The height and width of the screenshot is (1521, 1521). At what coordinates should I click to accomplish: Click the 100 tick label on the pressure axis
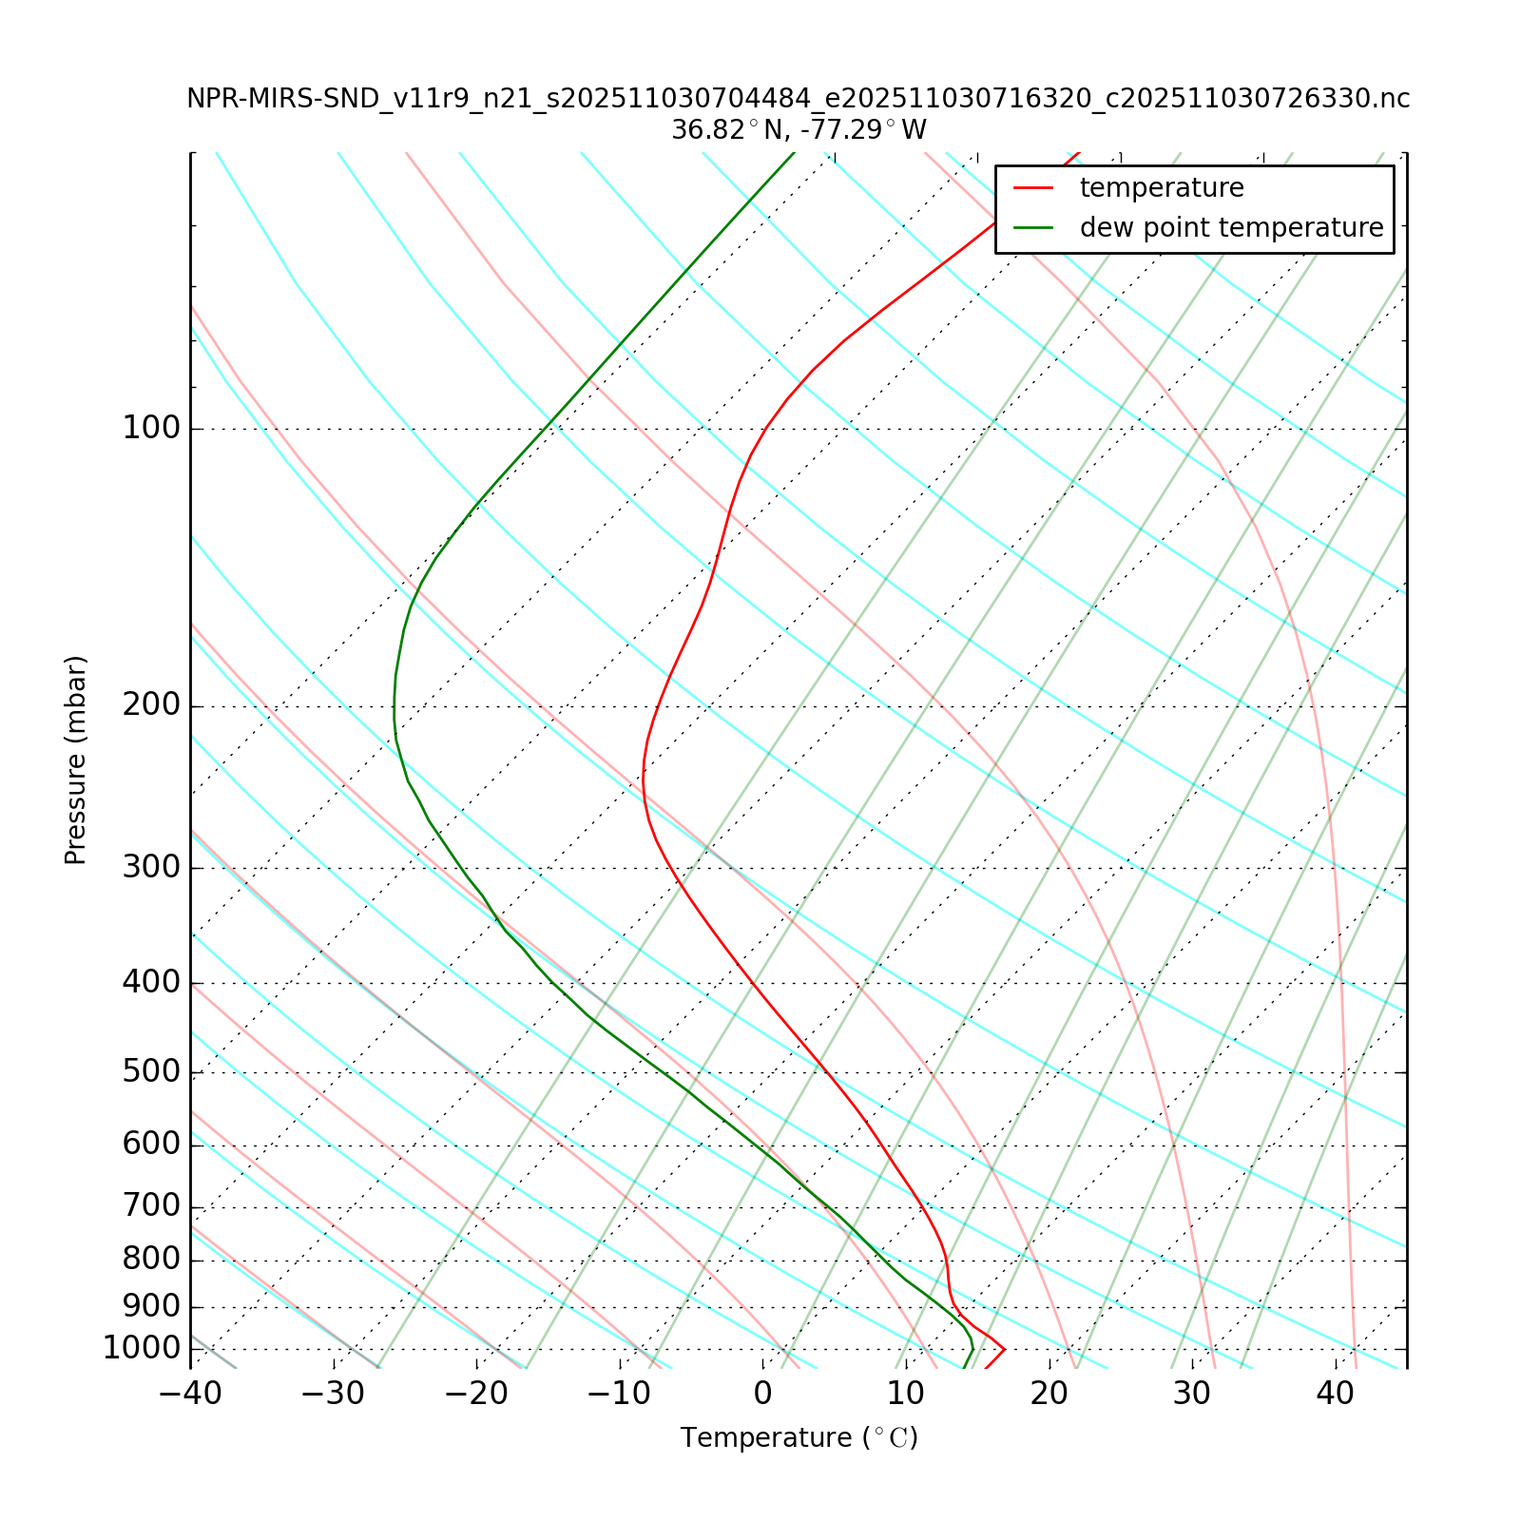(151, 429)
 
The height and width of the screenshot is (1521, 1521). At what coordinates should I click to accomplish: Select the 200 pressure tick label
(151, 706)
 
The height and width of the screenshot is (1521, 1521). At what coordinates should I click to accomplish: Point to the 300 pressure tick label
(151, 868)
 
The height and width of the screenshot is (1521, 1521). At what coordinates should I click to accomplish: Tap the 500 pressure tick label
(151, 1072)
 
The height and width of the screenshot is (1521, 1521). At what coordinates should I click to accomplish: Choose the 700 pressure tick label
(151, 1207)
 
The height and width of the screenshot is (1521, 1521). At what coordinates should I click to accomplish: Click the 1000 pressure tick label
(142, 1349)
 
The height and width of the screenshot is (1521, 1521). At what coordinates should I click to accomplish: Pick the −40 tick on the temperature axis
(190, 1394)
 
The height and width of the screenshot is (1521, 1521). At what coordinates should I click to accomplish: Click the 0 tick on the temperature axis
(763, 1394)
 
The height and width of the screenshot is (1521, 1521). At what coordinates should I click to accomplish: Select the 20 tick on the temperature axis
(1049, 1394)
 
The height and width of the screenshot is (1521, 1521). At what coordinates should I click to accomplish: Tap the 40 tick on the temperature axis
(1335, 1394)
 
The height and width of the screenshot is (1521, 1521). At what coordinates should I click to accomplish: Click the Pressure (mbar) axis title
(76, 760)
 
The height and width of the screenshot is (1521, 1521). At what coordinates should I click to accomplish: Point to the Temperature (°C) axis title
(799, 1438)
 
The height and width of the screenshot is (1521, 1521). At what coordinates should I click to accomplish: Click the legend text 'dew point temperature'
(1231, 228)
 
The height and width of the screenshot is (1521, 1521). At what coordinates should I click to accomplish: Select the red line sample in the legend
(1034, 188)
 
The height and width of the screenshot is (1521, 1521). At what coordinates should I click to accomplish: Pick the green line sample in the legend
(1034, 228)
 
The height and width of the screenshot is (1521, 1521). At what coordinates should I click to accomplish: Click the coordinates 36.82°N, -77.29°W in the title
(799, 130)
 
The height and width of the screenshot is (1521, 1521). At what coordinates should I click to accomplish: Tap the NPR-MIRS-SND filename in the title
(799, 99)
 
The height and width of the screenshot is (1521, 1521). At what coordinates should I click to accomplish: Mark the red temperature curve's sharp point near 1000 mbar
(1004, 1349)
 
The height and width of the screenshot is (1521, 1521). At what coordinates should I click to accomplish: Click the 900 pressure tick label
(151, 1307)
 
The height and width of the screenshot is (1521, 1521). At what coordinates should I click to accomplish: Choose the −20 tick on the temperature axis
(476, 1394)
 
